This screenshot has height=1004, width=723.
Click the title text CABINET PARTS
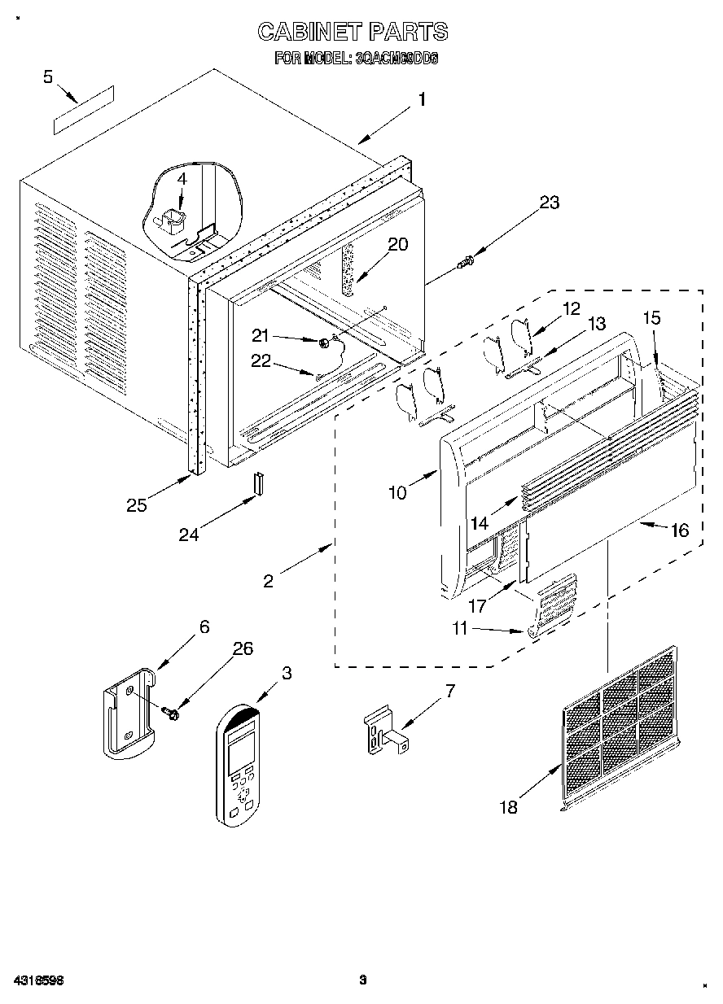point(353,32)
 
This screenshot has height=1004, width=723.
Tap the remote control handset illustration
point(238,766)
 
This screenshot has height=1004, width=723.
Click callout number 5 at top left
point(48,76)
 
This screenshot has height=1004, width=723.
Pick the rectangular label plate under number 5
point(84,109)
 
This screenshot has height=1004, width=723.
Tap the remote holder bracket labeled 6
point(128,711)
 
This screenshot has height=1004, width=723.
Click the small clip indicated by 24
point(257,483)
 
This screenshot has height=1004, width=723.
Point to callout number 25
point(137,504)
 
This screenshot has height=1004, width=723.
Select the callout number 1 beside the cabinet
point(422,100)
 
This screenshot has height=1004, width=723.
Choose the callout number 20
point(398,244)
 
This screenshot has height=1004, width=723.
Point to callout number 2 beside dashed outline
point(269,581)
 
